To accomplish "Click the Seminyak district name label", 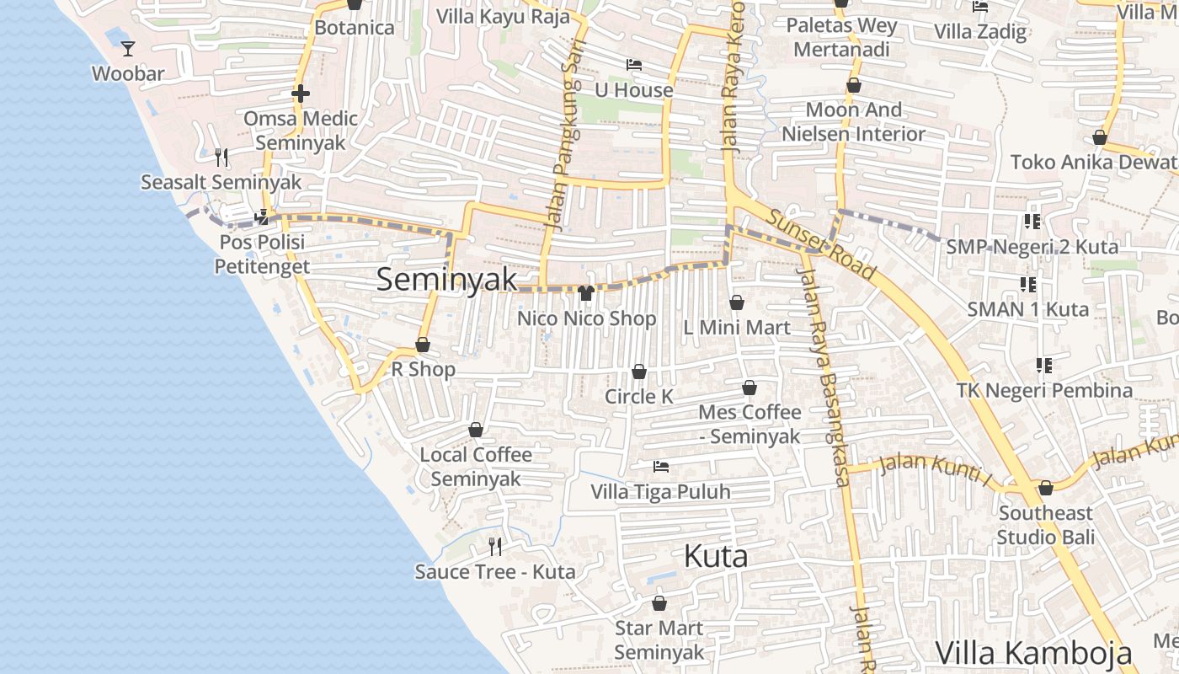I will (446, 280).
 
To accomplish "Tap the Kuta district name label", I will (716, 557).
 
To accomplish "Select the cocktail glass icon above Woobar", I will (127, 49).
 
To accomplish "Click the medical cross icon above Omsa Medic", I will (301, 94).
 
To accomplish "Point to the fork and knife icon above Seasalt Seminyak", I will (221, 157).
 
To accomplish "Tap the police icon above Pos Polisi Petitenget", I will (262, 217).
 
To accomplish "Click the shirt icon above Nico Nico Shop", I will (586, 293).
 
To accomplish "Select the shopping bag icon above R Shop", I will (423, 345).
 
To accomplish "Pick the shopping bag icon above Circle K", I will (639, 372).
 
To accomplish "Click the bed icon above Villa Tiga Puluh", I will (661, 466).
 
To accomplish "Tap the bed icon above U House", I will (634, 65).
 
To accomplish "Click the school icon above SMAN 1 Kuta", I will (1028, 285).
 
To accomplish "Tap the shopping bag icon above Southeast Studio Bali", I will (1046, 489).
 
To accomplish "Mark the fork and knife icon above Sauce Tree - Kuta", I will (495, 547).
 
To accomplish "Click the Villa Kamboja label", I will (1033, 653).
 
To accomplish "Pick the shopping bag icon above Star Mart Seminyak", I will (659, 604).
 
